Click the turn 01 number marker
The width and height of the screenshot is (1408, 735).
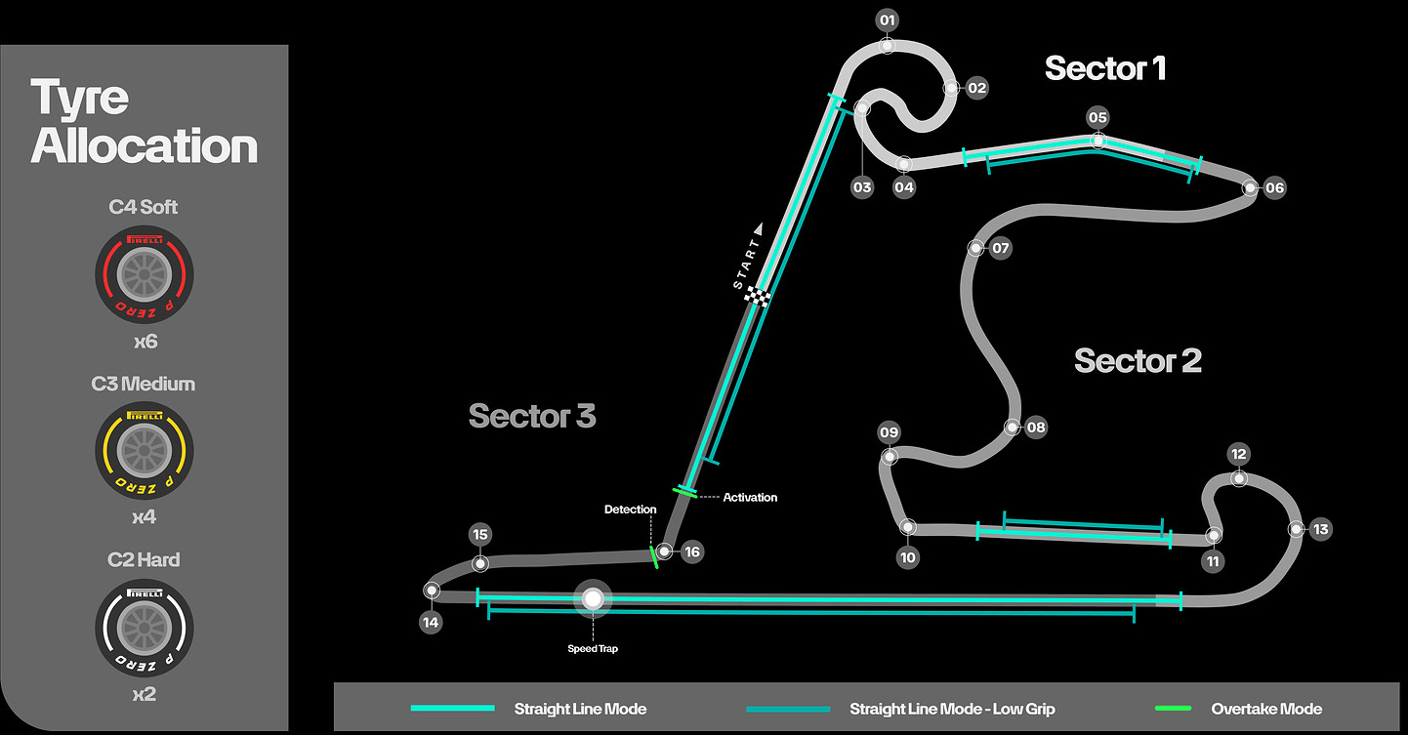(887, 20)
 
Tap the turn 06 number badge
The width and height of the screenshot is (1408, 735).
(1275, 188)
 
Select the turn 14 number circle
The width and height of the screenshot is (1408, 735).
(431, 622)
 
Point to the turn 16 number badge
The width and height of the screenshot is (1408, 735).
(692, 552)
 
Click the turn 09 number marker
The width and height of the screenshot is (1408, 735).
(889, 432)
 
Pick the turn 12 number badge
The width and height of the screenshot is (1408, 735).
(1239, 454)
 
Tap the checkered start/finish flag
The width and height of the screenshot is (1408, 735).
(758, 296)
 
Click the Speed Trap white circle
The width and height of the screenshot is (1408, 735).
(592, 599)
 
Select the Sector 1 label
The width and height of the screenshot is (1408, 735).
(1104, 68)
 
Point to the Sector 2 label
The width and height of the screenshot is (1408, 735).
(1138, 360)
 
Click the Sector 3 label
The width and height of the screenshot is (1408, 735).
(532, 416)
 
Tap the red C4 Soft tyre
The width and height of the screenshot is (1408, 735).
(144, 274)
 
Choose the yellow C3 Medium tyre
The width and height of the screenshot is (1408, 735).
(144, 450)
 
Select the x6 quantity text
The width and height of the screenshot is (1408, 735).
(144, 342)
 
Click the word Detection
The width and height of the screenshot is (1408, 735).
(630, 510)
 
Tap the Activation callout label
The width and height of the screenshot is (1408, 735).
(750, 498)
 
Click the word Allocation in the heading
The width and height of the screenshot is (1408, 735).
(145, 146)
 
